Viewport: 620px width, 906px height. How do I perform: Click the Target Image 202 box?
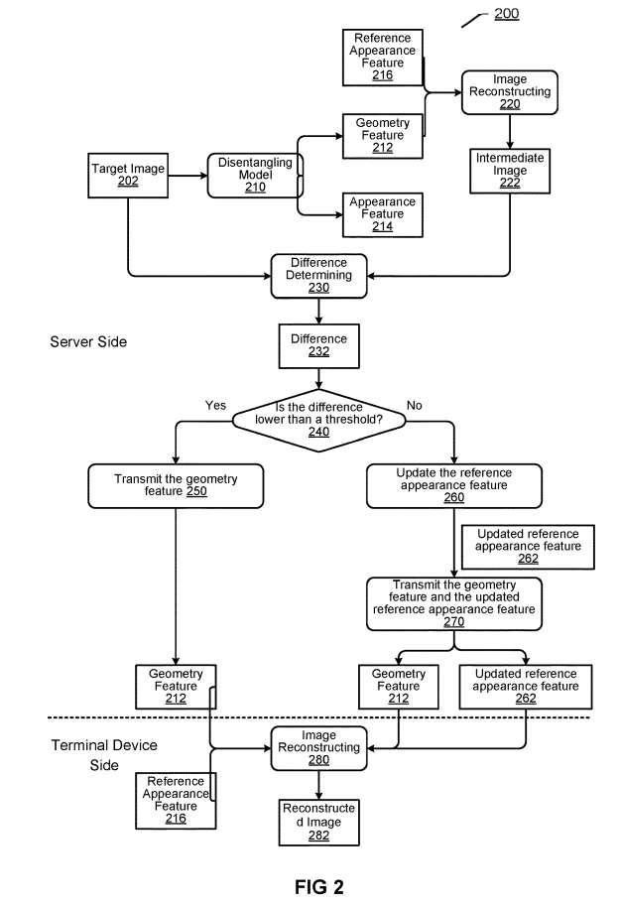(x=128, y=175)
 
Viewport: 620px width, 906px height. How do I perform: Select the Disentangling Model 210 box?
(x=255, y=175)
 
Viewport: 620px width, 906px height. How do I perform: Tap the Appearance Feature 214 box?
(x=382, y=213)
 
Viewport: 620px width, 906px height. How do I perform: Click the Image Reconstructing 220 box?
(x=509, y=91)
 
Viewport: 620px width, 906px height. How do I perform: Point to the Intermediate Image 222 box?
(x=509, y=171)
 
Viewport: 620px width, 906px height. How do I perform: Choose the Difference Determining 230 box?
(x=318, y=275)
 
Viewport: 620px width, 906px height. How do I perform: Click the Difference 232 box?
(x=318, y=345)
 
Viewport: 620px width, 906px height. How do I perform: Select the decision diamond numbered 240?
(x=318, y=417)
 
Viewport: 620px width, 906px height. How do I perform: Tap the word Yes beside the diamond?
(x=215, y=406)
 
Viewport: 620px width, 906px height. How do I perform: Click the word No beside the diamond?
(x=415, y=406)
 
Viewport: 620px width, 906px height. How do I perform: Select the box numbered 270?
(x=454, y=602)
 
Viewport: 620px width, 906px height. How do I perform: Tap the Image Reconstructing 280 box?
(x=318, y=747)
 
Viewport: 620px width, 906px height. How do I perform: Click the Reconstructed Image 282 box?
(x=318, y=822)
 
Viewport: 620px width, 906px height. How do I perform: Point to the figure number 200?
(x=506, y=14)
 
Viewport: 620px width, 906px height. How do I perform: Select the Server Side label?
(x=88, y=342)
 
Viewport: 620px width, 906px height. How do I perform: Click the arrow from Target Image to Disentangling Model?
(x=187, y=176)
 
